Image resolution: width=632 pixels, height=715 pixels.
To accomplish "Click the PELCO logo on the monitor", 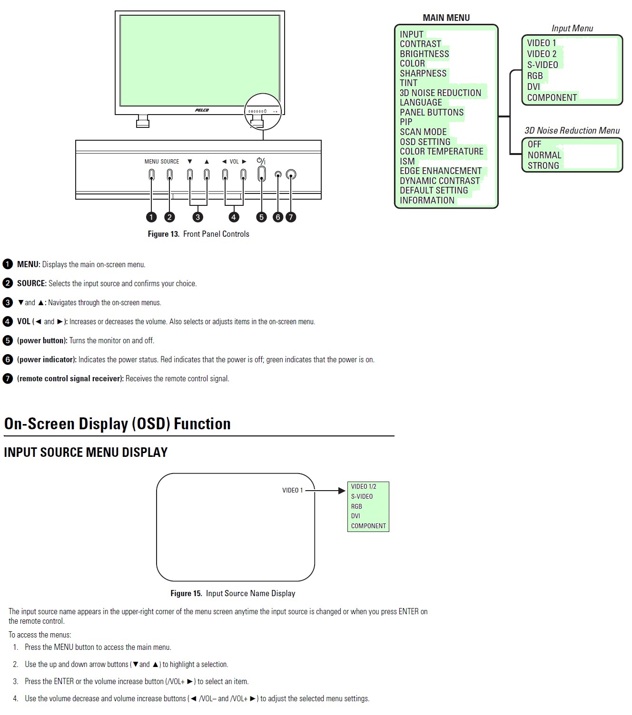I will [x=202, y=110].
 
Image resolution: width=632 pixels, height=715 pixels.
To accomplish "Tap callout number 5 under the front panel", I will [x=261, y=217].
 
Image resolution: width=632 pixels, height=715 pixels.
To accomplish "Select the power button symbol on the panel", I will [x=261, y=161].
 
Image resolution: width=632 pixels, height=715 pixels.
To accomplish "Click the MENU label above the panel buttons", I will [x=151, y=162].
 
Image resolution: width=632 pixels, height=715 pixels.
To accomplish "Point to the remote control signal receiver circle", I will [x=291, y=175].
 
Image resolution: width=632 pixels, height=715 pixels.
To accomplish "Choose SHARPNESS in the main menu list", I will [x=423, y=73].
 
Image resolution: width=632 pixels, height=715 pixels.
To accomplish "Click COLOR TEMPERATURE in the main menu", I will [x=441, y=151].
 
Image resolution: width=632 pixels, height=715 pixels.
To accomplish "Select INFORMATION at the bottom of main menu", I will [x=427, y=200].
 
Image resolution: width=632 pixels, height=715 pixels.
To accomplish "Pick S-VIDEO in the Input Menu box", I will [x=542, y=65].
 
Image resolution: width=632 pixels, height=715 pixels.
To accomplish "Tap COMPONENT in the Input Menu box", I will [x=552, y=97].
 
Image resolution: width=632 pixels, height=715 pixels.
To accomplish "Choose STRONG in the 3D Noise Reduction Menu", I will [x=543, y=165].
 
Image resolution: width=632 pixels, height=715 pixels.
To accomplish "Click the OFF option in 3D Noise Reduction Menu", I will [x=534, y=144].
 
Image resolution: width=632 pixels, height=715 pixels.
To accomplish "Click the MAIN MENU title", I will [x=446, y=18].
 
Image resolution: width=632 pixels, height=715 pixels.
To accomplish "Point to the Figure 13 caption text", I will [x=198, y=234].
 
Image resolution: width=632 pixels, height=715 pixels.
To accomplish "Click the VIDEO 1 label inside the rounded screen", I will [x=292, y=490].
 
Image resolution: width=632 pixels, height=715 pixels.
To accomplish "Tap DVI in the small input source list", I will [x=355, y=516].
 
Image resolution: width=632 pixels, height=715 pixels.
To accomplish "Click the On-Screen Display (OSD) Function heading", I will [x=117, y=424].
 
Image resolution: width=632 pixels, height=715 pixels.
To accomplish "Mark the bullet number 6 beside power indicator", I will [x=8, y=359].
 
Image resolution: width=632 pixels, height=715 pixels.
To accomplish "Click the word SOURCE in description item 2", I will [x=31, y=283].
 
